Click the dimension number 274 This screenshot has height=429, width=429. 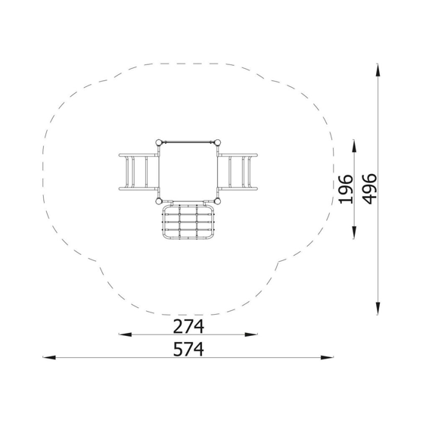click(x=188, y=326)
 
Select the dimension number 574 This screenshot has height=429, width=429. click(x=188, y=349)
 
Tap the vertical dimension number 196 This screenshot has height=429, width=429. click(x=346, y=189)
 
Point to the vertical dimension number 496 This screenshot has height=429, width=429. click(x=369, y=189)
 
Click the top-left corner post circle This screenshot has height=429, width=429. click(x=159, y=142)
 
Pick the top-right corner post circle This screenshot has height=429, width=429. click(x=217, y=142)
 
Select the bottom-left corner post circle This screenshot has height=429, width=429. click(x=159, y=201)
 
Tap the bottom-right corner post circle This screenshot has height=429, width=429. click(x=217, y=201)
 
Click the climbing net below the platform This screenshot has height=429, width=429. click(x=188, y=222)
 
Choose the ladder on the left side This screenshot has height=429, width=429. click(x=138, y=172)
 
